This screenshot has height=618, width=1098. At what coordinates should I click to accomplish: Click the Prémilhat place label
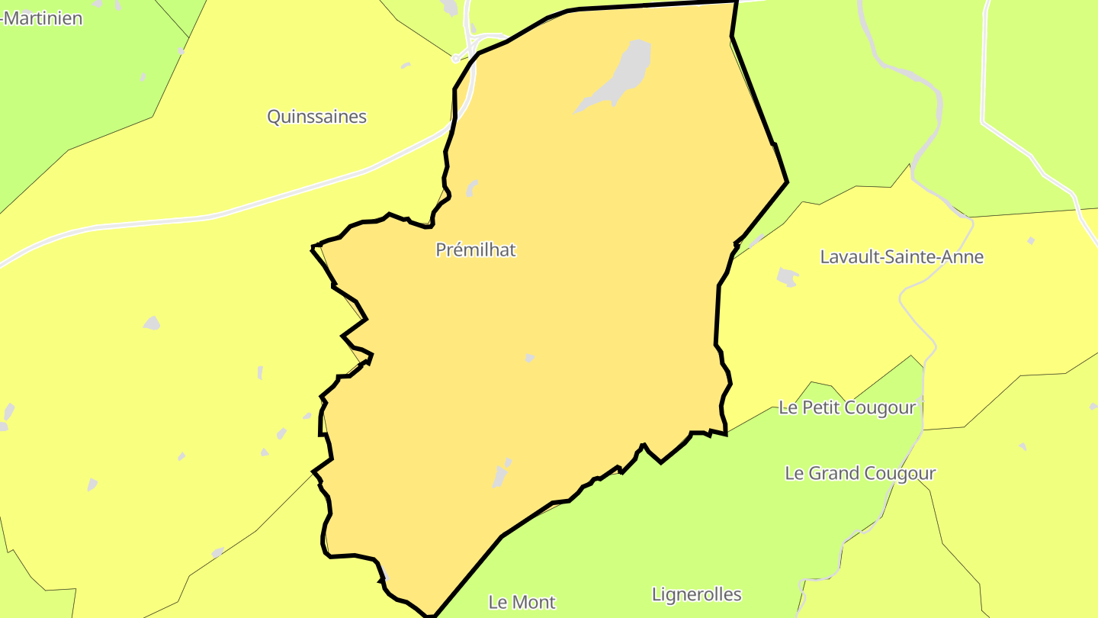tap(476, 249)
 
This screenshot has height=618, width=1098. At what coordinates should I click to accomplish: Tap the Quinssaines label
tap(316, 117)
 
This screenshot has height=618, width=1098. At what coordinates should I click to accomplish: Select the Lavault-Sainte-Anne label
tap(901, 257)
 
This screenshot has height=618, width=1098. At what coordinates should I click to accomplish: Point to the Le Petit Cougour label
tap(846, 407)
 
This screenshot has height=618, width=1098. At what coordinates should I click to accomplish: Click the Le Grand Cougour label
tap(860, 473)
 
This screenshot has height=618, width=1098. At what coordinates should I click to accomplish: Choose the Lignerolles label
tap(696, 594)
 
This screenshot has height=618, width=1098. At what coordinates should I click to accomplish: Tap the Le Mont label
tap(522, 602)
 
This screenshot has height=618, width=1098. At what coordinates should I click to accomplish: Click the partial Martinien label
tap(42, 18)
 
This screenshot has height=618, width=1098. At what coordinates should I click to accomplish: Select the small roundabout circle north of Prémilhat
tap(456, 58)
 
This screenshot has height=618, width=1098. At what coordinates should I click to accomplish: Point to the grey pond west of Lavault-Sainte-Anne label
tap(786, 277)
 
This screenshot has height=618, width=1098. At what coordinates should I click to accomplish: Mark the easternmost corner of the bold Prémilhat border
tap(787, 182)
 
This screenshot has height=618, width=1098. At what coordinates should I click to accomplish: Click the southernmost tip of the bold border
tap(432, 615)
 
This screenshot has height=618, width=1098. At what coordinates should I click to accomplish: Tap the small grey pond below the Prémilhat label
tap(529, 357)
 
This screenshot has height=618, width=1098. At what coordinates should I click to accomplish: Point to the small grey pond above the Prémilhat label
tap(472, 188)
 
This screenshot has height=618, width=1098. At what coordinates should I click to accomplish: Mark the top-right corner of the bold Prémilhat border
tap(737, 2)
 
